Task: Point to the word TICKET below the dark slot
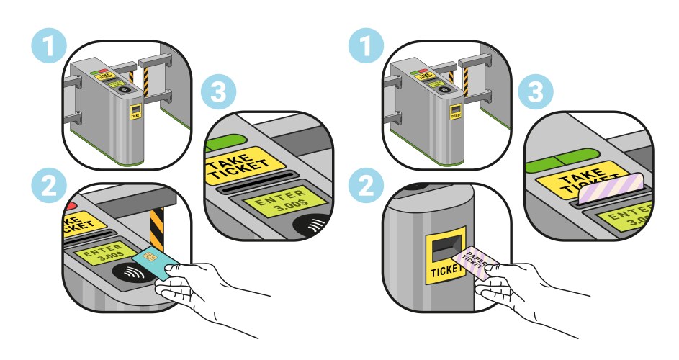tap(446, 272)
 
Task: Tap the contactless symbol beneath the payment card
tap(131, 274)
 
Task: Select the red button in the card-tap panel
tap(70, 207)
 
